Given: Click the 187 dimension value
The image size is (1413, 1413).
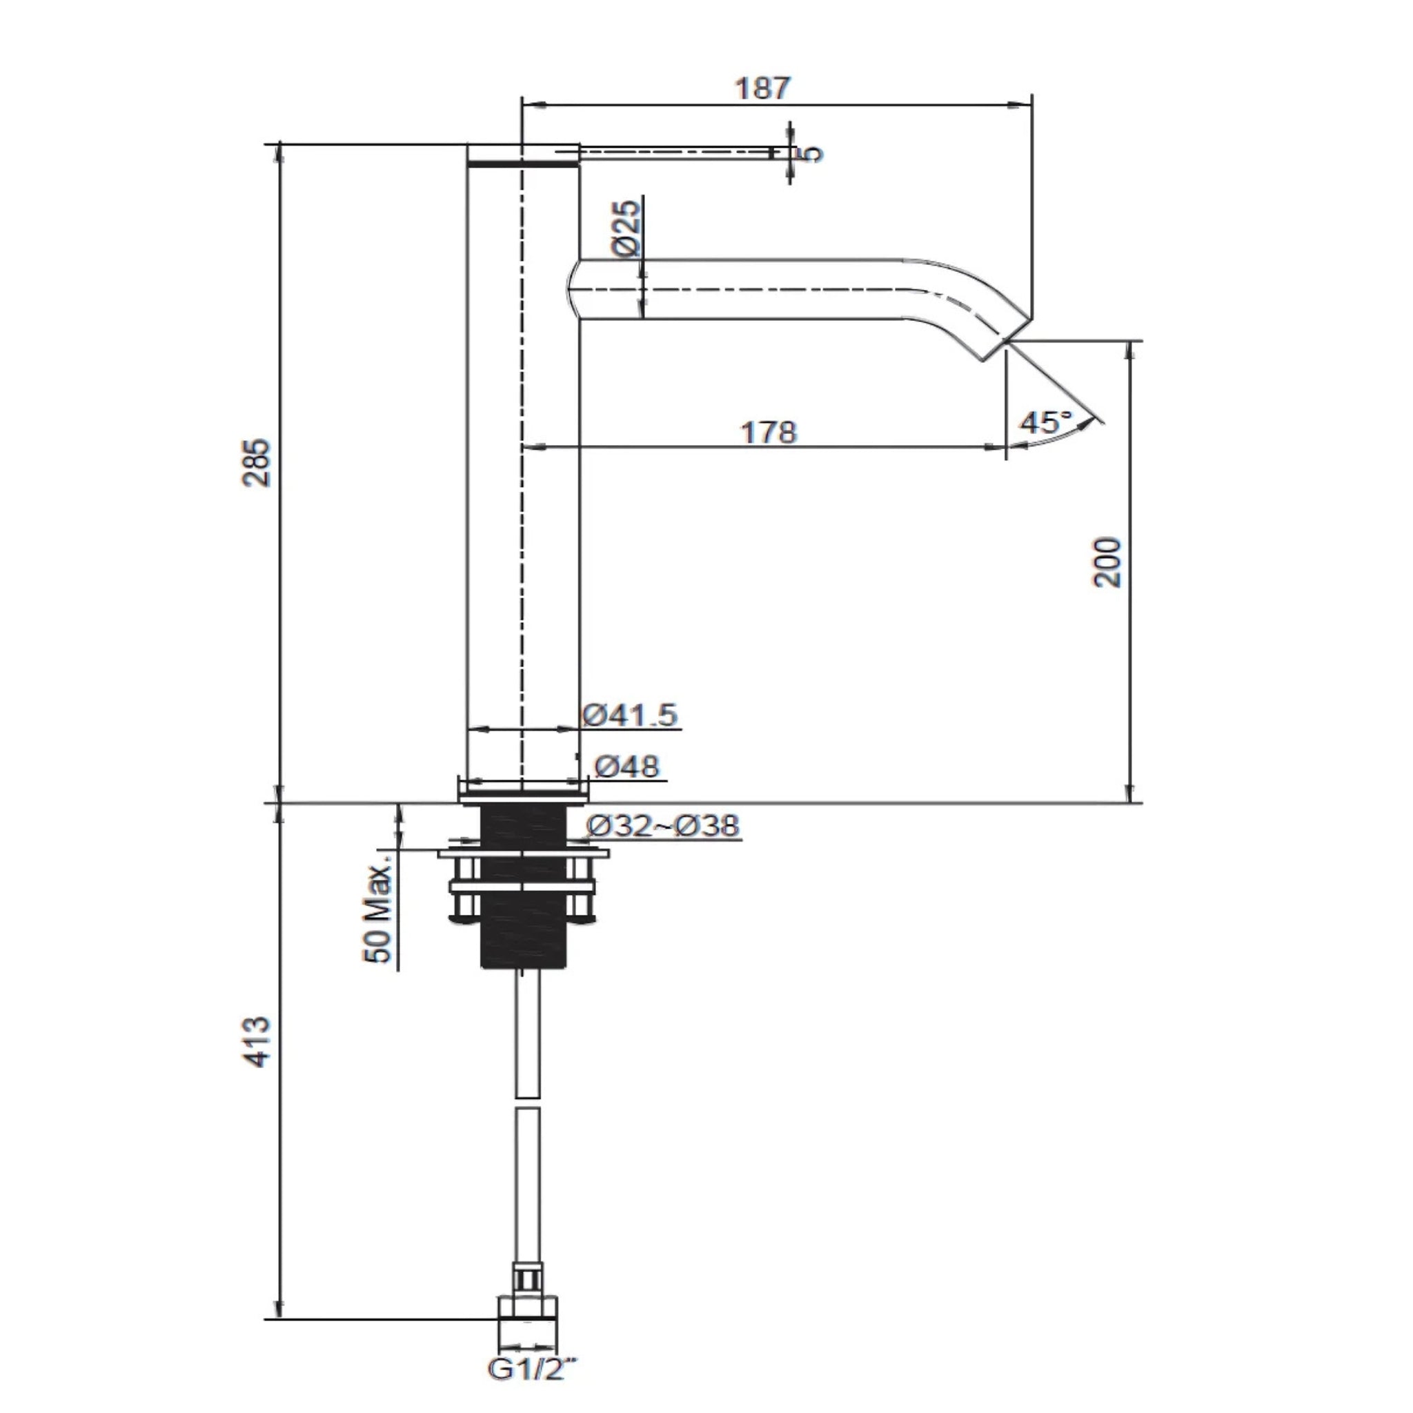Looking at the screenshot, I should pos(763,88).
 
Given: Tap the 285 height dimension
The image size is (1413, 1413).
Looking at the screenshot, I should pos(257,462).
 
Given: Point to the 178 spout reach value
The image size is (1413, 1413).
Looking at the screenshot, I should pos(769,431).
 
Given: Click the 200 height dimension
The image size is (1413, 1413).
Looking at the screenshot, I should pos(1107,562).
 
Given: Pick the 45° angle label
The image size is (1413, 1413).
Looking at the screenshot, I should pos(1046,422).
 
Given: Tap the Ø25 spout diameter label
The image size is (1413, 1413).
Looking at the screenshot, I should pos(626,228).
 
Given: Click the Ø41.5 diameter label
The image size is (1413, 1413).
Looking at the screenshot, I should pos(631,715).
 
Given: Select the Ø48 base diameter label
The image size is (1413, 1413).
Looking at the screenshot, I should pos(626,767).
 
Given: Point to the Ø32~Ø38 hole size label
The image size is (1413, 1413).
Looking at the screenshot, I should pos(663,826).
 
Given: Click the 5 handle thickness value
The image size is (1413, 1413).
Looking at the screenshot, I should pos(812,154).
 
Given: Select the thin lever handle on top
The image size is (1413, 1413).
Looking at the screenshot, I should pos(673,151).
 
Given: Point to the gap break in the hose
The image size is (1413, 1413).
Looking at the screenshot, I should pos(527,1103).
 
